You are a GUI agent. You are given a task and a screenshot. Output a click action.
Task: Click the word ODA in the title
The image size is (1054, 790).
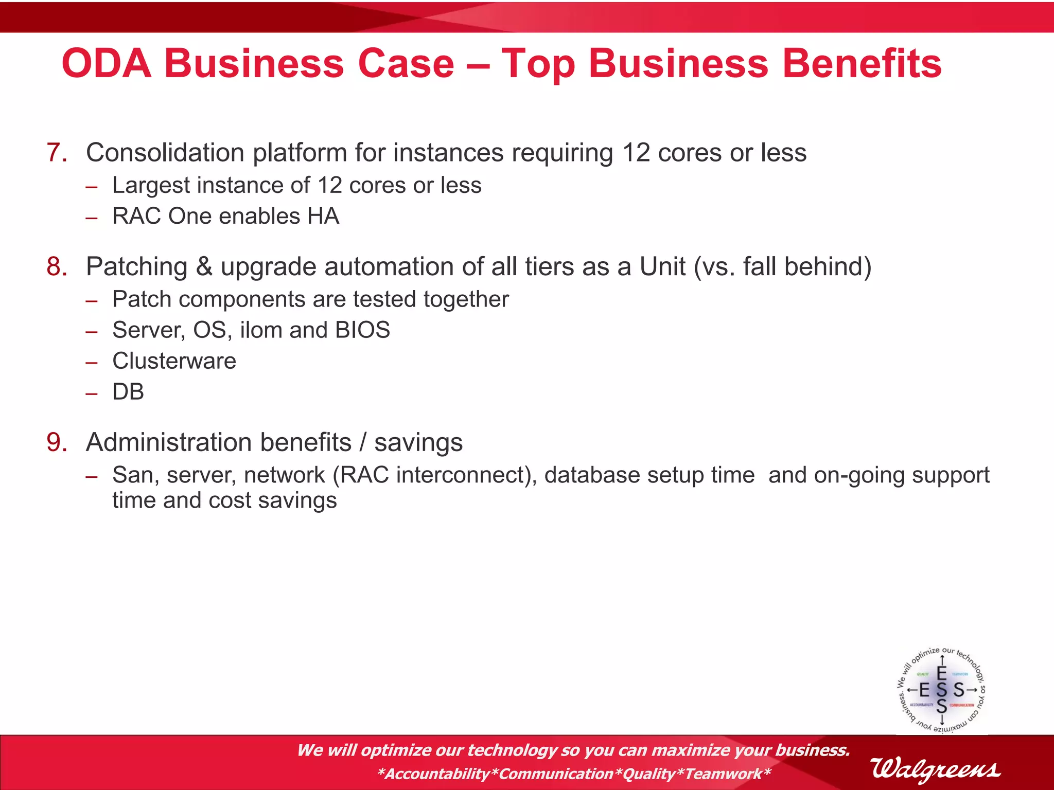point(107,64)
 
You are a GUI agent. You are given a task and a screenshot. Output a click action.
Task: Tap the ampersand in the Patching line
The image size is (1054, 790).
point(204,267)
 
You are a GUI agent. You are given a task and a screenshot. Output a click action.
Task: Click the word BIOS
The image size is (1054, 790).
point(362,330)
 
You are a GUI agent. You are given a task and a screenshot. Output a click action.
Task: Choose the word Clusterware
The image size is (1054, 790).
point(174,361)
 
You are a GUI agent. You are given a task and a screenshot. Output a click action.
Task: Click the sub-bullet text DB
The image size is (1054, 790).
point(128,392)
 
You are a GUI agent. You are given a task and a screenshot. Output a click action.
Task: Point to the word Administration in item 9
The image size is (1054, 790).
point(218,443)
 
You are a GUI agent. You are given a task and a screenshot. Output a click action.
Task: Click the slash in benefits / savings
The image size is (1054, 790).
point(363,443)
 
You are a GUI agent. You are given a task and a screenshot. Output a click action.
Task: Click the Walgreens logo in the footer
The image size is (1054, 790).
point(936,769)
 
